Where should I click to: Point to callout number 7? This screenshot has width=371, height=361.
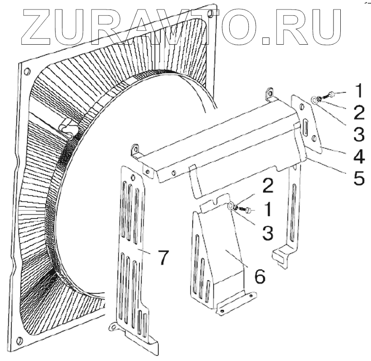click(163, 258)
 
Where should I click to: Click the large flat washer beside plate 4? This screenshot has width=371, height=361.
click(315, 99)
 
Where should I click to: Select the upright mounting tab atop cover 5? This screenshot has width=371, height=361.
click(271, 93)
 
